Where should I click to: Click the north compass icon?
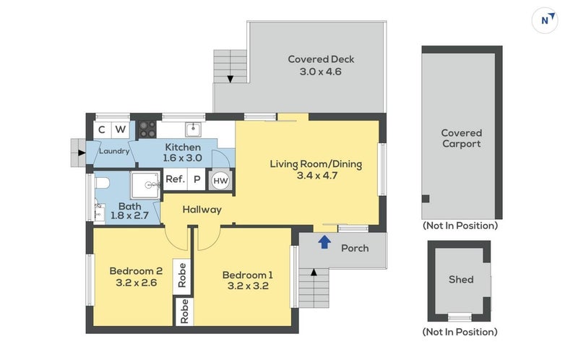[x=545, y=21]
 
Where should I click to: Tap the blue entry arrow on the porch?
[x=324, y=242]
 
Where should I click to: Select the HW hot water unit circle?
[x=220, y=181]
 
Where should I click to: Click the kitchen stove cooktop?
[x=147, y=129]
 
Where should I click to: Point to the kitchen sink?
[x=193, y=129]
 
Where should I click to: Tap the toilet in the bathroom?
[x=102, y=183]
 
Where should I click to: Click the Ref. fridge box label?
[x=175, y=179]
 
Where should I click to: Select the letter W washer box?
[x=120, y=129]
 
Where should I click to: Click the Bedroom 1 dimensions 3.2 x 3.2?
[x=248, y=286]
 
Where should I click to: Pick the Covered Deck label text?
[x=321, y=59]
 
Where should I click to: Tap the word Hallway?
[x=202, y=210]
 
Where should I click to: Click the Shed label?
[x=461, y=279]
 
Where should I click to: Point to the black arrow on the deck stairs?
[x=230, y=79]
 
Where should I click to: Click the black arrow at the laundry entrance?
[x=82, y=153]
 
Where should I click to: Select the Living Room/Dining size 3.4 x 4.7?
[x=317, y=175]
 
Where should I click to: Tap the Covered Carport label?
[x=462, y=138]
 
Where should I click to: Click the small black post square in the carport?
[x=426, y=199]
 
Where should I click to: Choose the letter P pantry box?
[x=197, y=179]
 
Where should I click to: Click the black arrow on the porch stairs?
[x=314, y=273]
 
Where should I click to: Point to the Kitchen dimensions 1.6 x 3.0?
[x=183, y=158]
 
